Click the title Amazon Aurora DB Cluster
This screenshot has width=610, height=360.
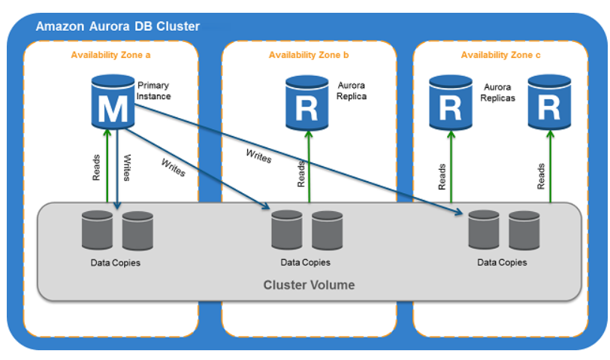click(118, 26)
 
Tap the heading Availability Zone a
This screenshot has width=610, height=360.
click(110, 55)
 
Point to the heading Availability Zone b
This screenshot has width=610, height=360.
click(309, 55)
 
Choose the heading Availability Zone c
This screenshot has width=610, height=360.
click(500, 55)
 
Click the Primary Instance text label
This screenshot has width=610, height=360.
click(154, 91)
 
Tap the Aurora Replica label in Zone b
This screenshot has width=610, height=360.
click(352, 91)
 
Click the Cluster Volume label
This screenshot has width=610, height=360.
click(309, 285)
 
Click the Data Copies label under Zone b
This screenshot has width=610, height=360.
click(305, 262)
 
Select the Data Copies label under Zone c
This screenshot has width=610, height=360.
click(502, 262)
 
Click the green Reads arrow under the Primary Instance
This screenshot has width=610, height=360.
click(107, 165)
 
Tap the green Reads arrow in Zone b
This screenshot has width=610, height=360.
click(309, 165)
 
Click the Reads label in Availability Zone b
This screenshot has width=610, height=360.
click(300, 174)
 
